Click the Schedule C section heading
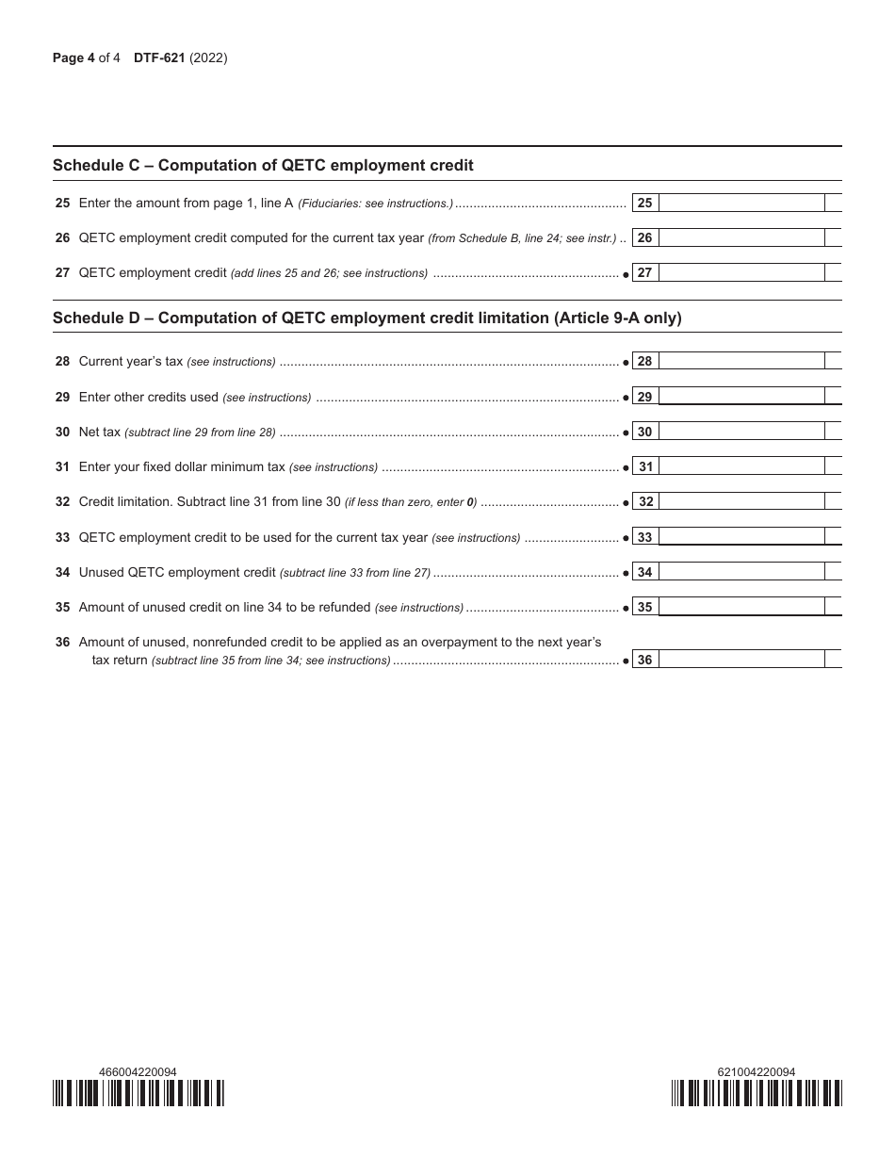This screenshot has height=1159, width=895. [263, 166]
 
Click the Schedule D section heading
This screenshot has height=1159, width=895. [366, 318]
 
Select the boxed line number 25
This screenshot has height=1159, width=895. [644, 203]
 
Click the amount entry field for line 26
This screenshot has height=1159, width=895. [740, 237]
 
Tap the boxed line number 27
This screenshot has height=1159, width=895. [644, 273]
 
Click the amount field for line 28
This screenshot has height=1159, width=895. [740, 361]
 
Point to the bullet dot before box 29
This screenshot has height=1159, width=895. [626, 397]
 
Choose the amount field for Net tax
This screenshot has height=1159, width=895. [740, 432]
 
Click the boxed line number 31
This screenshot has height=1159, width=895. [645, 466]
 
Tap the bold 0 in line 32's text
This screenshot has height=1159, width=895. [470, 502]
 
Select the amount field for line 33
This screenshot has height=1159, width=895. [740, 537]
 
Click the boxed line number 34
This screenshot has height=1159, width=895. [644, 572]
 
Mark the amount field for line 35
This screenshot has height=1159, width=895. [740, 607]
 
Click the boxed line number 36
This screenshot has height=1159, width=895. [644, 660]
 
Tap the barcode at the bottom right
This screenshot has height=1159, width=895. [757, 1093]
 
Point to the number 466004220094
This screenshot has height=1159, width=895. [138, 1071]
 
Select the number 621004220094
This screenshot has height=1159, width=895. [756, 1071]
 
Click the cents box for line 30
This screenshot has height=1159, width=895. [833, 432]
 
